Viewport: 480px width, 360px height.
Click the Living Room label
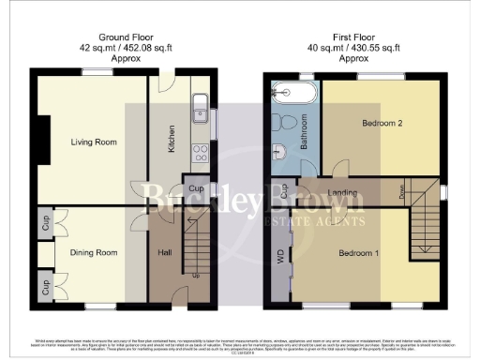(x=92, y=142)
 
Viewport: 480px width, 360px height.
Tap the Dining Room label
(x=93, y=252)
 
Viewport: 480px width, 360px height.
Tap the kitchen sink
(x=198, y=109)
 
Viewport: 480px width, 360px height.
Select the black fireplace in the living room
(x=39, y=141)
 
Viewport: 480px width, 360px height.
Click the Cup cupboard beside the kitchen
(x=196, y=187)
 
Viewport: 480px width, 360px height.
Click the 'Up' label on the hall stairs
(x=195, y=277)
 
